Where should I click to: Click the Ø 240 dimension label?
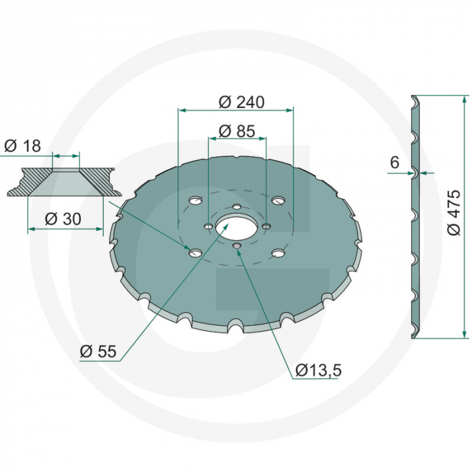[x=241, y=102]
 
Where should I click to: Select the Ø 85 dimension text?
[x=237, y=131]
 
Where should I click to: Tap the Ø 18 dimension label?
[x=22, y=146]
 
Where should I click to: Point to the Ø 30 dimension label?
[x=62, y=219]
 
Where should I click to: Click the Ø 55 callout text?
[x=98, y=351]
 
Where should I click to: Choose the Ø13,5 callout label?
[x=318, y=370]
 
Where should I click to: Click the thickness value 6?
[x=394, y=162]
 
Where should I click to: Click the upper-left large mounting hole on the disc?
[x=196, y=201]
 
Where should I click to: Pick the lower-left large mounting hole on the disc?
[x=195, y=253]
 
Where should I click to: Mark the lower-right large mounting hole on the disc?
[x=277, y=254]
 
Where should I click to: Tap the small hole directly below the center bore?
[x=236, y=247]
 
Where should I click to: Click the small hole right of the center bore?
[x=266, y=227]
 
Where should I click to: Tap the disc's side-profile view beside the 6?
[x=417, y=216]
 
